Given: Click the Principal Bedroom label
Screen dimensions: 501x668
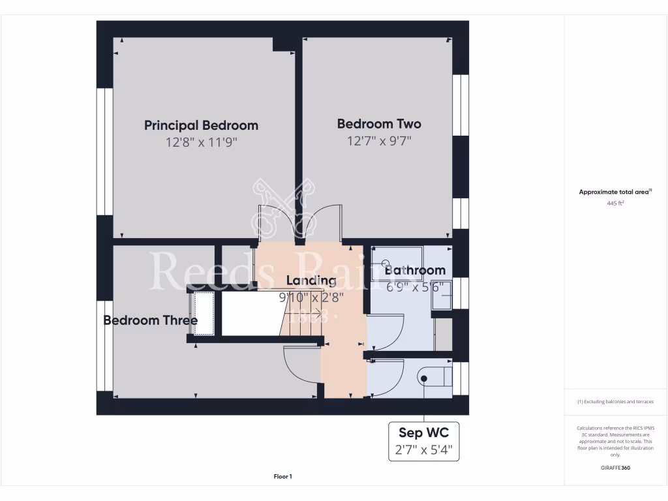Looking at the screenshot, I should click(201, 125).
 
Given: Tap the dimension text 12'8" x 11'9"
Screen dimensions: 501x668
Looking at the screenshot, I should click(201, 142).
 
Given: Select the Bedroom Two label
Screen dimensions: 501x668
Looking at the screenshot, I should click(378, 124).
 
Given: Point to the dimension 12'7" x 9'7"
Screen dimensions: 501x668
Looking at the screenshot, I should click(378, 141).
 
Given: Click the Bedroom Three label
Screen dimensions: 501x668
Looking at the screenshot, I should click(150, 320).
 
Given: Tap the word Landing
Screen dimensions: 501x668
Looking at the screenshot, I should click(311, 281).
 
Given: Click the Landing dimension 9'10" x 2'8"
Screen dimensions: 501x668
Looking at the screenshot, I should click(311, 297).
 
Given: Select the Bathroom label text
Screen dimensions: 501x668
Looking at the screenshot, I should click(415, 270).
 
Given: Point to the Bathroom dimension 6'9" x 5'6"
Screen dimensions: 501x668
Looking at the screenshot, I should click(415, 286).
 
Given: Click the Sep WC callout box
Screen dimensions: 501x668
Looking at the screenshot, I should click(424, 441).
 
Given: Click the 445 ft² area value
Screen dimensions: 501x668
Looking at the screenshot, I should click(616, 203).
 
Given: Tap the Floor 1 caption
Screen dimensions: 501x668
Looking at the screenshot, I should click(282, 477).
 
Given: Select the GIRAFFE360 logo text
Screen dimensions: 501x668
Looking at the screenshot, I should click(616, 468).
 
